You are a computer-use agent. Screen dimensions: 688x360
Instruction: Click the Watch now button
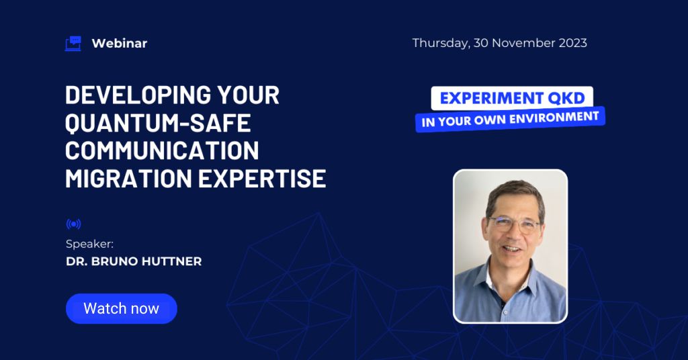(121, 309)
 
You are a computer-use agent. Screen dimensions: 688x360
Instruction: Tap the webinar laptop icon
(73, 44)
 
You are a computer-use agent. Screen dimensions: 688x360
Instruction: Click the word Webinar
(120, 44)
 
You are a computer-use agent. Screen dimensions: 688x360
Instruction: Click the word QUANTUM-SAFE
(158, 123)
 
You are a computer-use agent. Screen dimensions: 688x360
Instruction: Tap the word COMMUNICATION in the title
(162, 150)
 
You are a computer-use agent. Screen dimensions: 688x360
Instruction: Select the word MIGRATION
(128, 179)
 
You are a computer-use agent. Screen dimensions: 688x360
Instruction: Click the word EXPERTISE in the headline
(262, 179)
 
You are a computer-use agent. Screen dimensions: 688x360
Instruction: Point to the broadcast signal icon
(74, 224)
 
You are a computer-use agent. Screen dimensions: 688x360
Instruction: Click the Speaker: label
(89, 244)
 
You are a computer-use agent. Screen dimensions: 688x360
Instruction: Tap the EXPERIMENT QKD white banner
(512, 98)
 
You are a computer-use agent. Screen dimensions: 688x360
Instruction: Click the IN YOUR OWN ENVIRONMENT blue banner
(511, 119)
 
